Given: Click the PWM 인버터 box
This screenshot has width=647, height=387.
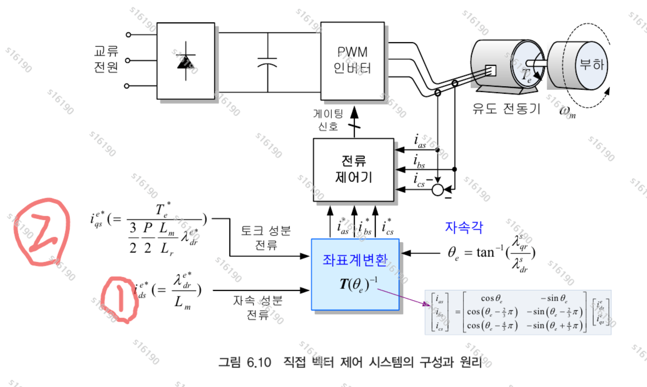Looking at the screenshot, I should [x=352, y=60].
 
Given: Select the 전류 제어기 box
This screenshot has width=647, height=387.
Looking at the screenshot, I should [x=353, y=169].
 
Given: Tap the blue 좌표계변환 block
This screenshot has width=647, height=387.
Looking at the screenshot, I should [x=355, y=274].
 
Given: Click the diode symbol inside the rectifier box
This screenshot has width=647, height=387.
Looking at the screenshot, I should [x=185, y=61].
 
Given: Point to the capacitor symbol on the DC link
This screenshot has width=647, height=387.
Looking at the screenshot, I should [x=267, y=62].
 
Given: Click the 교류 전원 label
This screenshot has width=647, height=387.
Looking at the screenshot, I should [x=106, y=59].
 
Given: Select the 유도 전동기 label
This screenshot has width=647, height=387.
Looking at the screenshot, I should [x=506, y=109].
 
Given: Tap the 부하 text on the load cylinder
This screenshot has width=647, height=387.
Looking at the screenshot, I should [x=592, y=64].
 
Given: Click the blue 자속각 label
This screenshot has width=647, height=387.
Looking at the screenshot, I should [x=464, y=227].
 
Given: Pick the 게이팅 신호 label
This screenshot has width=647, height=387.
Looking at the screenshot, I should [x=328, y=120].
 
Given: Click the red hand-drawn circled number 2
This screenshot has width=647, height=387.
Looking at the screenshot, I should [x=41, y=232].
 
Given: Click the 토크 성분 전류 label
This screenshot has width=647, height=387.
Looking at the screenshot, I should [x=266, y=237].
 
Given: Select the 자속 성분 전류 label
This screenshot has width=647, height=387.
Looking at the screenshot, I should [x=258, y=307].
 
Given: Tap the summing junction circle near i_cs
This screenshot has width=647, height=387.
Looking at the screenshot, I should [x=438, y=190].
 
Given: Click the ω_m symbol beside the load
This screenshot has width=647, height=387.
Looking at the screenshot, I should [x=567, y=111].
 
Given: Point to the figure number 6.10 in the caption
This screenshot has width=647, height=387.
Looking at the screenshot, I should [x=259, y=362].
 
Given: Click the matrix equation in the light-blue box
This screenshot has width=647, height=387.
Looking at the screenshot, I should [x=518, y=312].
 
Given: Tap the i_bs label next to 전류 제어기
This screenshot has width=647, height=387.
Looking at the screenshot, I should [x=419, y=161].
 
